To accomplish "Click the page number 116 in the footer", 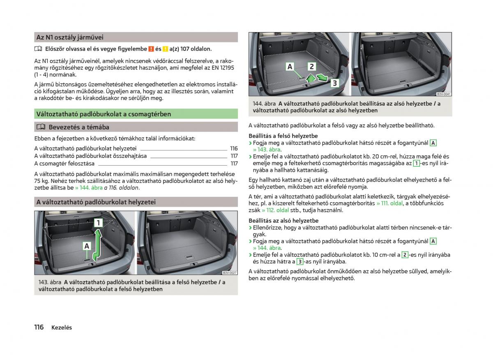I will [x=39, y=327].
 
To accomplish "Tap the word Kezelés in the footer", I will [x=62, y=328].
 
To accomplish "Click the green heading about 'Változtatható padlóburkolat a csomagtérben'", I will [x=104, y=114].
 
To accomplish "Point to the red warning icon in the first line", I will [x=151, y=49].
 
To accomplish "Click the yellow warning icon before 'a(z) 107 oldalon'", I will [x=165, y=49].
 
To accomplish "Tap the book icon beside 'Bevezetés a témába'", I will [x=40, y=127].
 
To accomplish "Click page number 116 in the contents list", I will [x=234, y=148].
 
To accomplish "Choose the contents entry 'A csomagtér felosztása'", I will [x=65, y=163].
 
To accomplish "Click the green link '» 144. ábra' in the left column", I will [x=89, y=187].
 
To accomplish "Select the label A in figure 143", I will [x=87, y=246].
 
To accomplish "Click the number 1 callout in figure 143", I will [x=98, y=223].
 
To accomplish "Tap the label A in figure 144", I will [x=290, y=67].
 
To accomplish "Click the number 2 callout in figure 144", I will [x=311, y=67].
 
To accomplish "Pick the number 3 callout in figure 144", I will [x=334, y=83].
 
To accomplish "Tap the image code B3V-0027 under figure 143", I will [x=230, y=273].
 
